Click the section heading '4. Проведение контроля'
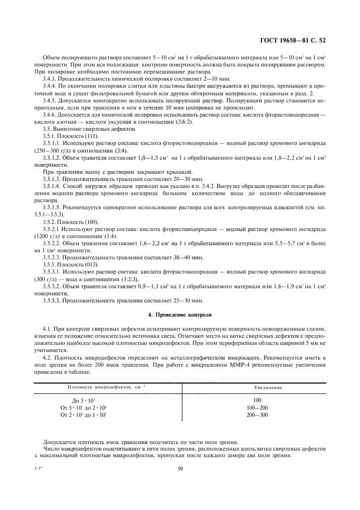180,315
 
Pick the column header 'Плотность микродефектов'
99,387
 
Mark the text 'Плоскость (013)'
78,264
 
